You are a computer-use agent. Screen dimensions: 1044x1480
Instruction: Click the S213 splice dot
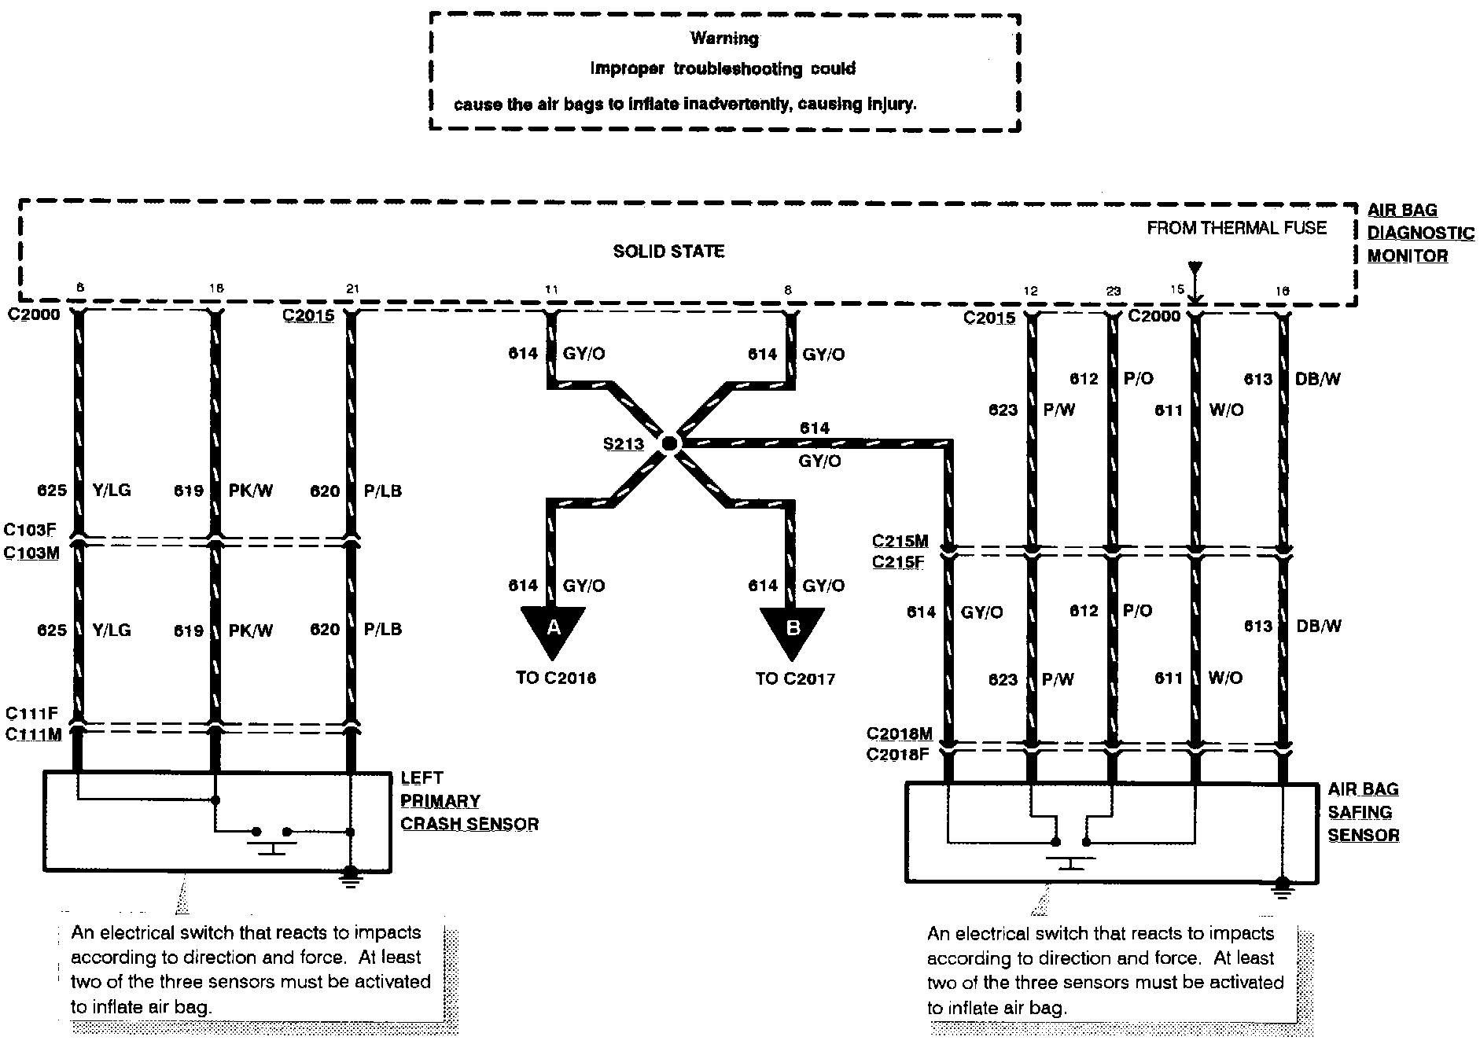[669, 444]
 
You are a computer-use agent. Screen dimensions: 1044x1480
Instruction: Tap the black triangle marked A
[554, 629]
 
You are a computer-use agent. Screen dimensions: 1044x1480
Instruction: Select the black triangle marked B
[793, 629]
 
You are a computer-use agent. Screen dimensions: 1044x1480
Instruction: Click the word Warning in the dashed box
[724, 38]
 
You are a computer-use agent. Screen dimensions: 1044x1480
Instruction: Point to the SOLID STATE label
[668, 252]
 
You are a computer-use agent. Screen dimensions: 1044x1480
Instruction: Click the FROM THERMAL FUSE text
[1236, 228]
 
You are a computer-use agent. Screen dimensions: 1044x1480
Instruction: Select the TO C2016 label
[556, 678]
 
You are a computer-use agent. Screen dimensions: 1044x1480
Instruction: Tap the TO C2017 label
[795, 678]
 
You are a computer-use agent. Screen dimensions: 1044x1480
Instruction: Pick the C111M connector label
[33, 735]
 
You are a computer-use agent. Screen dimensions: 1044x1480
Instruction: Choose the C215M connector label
[900, 541]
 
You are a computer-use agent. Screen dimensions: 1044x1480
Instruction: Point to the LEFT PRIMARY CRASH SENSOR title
[469, 801]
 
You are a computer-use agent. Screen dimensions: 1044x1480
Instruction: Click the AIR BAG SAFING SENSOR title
[1363, 812]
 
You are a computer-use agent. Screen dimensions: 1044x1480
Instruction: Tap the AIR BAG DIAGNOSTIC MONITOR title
[1419, 233]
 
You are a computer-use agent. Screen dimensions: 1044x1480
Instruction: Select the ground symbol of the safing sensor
[1283, 888]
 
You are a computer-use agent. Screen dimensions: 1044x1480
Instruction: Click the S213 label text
[624, 444]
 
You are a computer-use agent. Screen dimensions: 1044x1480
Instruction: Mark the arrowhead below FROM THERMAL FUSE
[1195, 298]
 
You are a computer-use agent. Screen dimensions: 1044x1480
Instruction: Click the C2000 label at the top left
[33, 315]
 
